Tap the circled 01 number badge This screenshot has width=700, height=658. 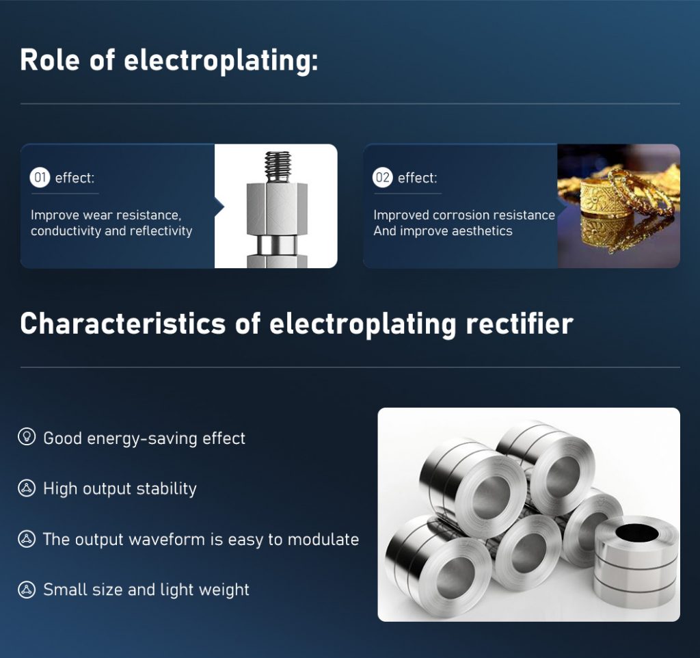[x=40, y=178]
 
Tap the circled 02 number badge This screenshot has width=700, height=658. [x=383, y=178]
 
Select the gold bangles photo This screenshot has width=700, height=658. [x=618, y=205]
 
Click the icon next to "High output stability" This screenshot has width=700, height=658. [x=27, y=488]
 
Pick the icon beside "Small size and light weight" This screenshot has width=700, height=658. [x=27, y=590]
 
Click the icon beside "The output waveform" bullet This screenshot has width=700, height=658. [x=27, y=539]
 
